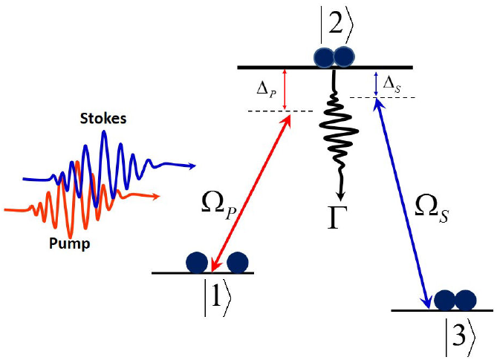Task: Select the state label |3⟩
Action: click(x=455, y=338)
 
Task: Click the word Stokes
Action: click(x=104, y=119)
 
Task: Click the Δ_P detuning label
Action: click(x=265, y=90)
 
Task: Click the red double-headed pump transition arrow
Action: click(x=250, y=192)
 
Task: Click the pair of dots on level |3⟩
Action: click(x=455, y=300)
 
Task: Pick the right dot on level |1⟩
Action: click(x=237, y=261)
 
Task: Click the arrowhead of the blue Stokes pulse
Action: click(x=191, y=166)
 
